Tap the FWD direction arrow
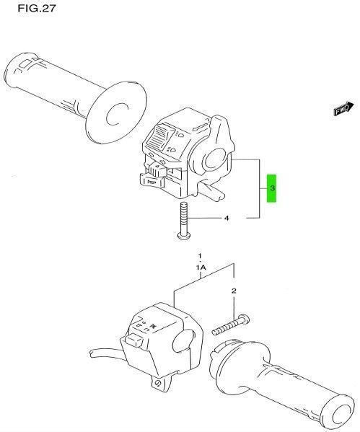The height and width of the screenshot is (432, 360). (x=342, y=110)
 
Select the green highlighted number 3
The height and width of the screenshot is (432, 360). (x=272, y=188)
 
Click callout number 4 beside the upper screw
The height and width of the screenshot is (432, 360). (x=226, y=217)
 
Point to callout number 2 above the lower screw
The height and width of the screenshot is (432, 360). (x=233, y=291)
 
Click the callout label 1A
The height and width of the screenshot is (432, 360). (x=201, y=267)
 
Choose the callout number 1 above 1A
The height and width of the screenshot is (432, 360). (x=200, y=257)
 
